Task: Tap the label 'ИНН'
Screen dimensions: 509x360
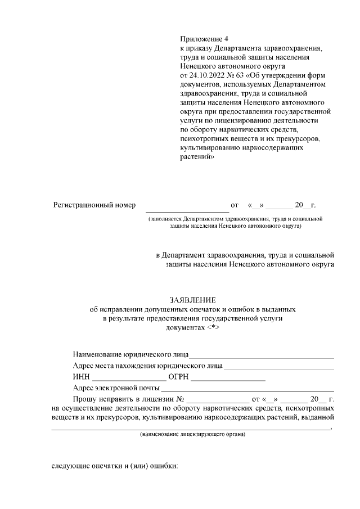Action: [x=81, y=377]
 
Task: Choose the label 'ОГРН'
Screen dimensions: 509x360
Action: [x=178, y=377]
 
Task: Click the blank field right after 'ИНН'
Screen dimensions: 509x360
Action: [x=129, y=378]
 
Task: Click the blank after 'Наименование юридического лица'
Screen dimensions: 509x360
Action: [x=262, y=356]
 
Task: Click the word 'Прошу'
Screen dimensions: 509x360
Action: [x=84, y=399]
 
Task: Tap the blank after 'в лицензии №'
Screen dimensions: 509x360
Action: [x=218, y=400]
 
